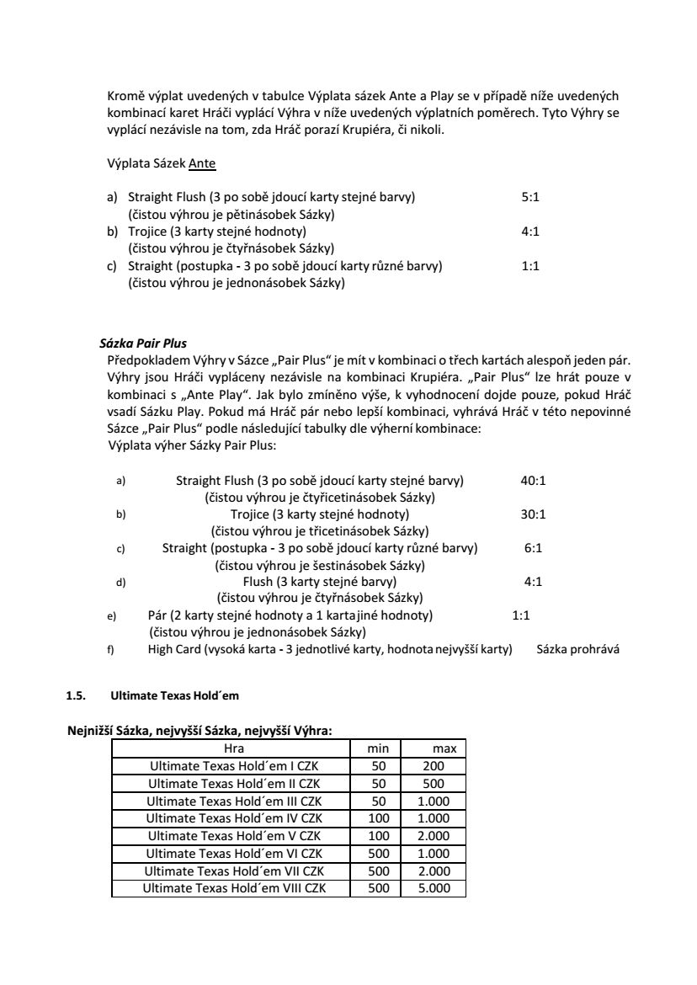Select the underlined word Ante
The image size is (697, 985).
(202, 163)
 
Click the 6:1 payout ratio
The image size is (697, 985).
(533, 548)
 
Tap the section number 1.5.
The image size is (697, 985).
(75, 696)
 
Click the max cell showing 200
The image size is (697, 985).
(434, 766)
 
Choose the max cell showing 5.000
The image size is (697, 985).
(434, 888)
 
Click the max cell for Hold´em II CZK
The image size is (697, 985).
(434, 783)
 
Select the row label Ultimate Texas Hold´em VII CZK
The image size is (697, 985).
(235, 871)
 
